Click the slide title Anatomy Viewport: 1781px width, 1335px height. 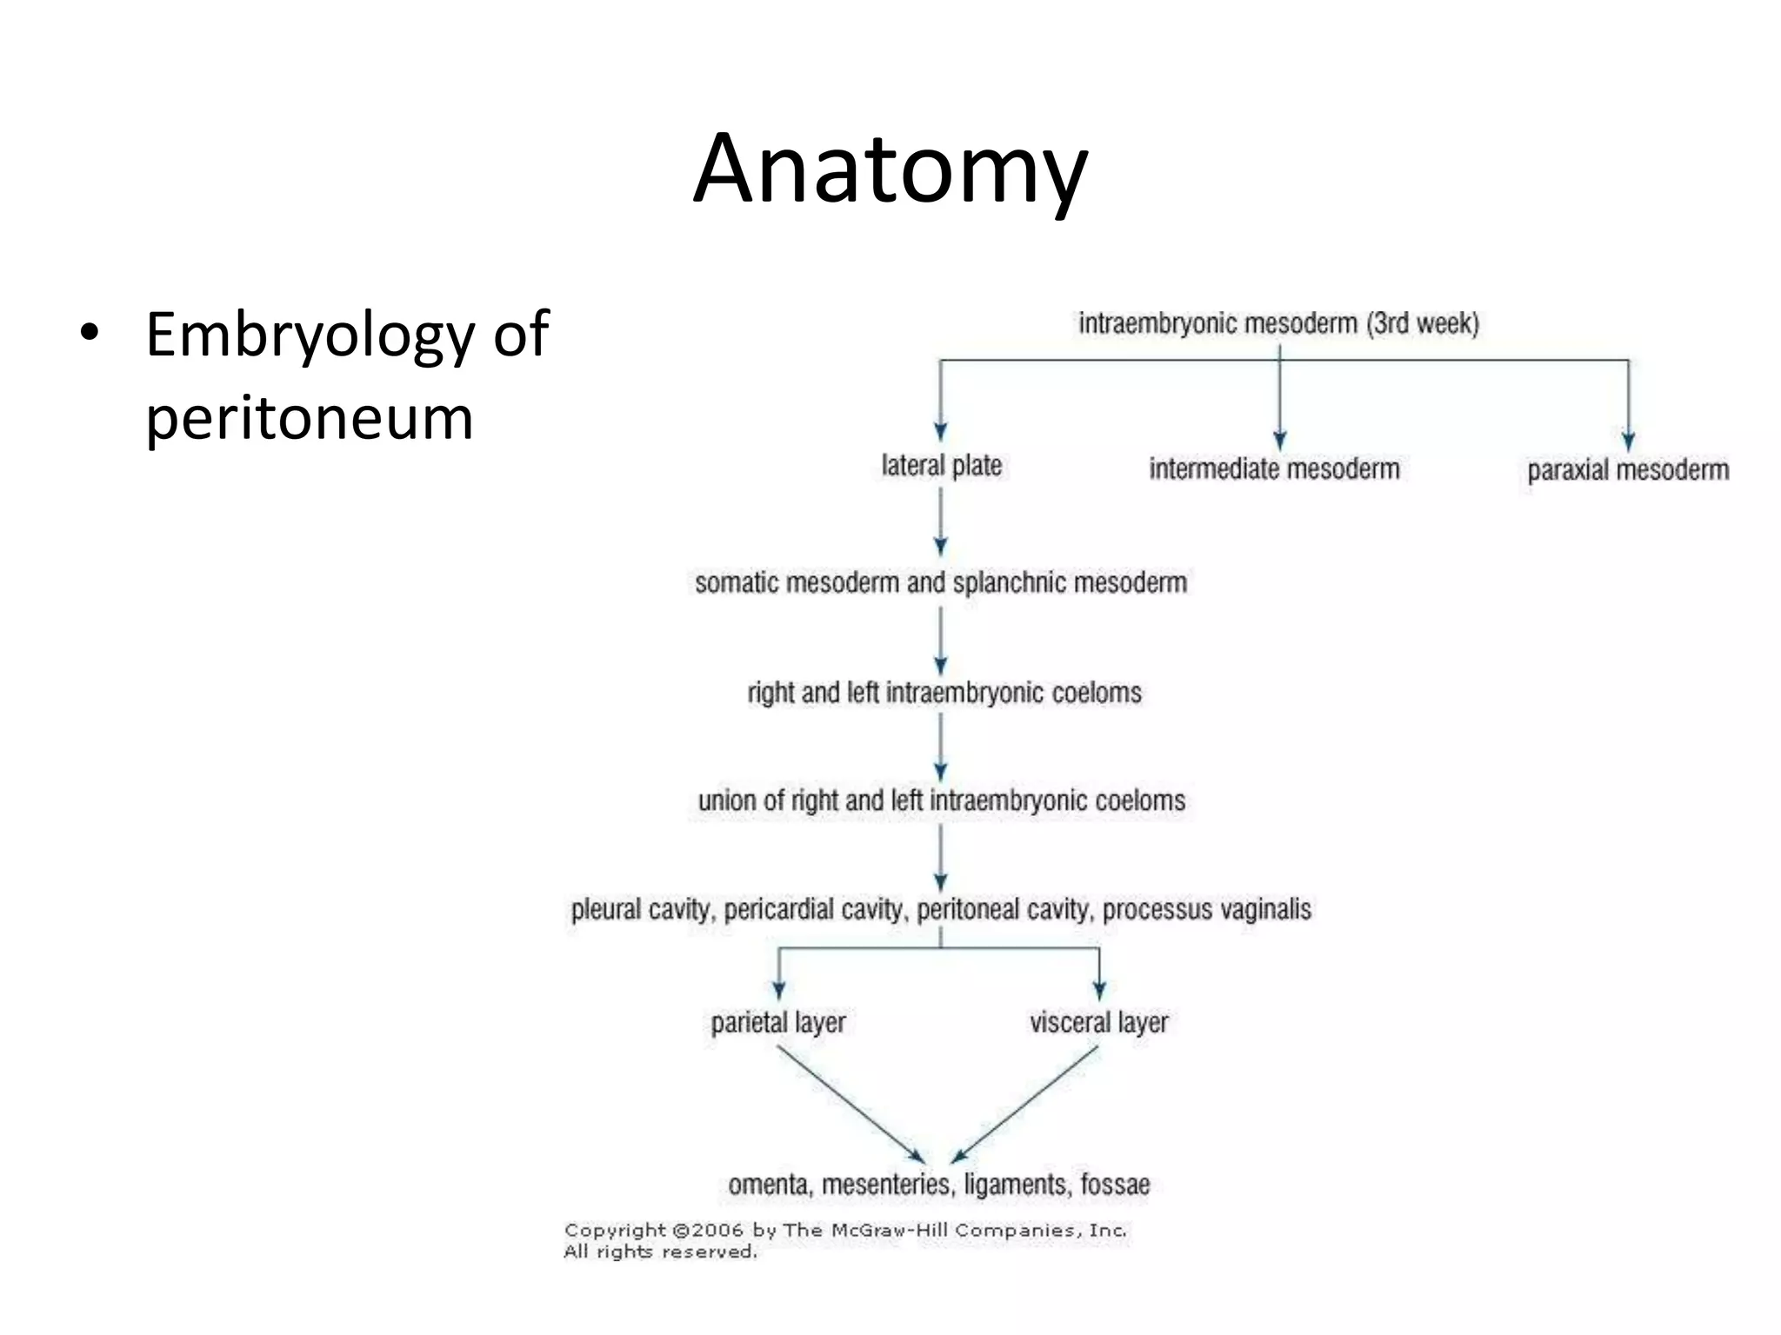(x=890, y=169)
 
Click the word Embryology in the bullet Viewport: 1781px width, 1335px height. (x=309, y=335)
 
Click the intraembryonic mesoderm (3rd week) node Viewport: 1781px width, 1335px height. (x=1278, y=323)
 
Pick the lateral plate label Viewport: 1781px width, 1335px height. (x=941, y=466)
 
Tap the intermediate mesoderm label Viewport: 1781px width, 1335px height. (x=1274, y=469)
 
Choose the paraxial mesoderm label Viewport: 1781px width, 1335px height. (x=1628, y=470)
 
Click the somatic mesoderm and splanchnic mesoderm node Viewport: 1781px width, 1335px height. (x=941, y=582)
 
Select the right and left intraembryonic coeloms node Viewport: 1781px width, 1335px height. (x=944, y=693)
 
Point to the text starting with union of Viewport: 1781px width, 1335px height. (x=941, y=800)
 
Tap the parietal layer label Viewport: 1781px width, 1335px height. (x=778, y=1022)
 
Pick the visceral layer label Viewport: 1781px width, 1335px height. (x=1099, y=1022)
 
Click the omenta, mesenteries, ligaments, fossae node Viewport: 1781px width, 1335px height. (x=939, y=1185)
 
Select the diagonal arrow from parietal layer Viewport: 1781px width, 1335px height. (x=850, y=1103)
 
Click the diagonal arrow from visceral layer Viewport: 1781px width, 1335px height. (x=1026, y=1103)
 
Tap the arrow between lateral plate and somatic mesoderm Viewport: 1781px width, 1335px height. (x=941, y=521)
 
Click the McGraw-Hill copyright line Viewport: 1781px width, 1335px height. (x=845, y=1231)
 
